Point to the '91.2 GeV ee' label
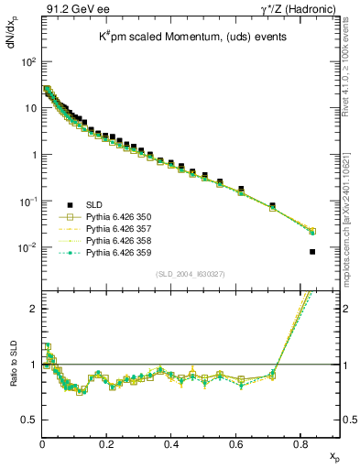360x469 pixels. (73, 10)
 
